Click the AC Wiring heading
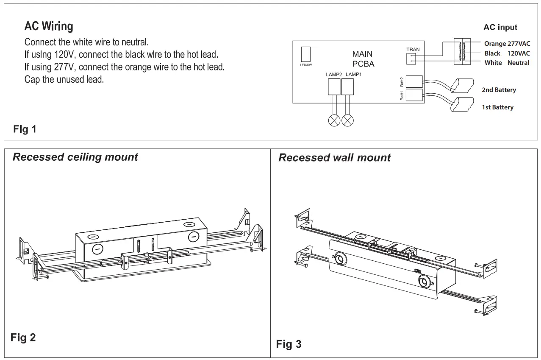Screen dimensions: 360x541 pos(49,27)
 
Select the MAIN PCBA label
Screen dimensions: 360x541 pos(363,59)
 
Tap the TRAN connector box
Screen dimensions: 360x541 pos(411,59)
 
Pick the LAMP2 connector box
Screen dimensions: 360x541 pos(334,87)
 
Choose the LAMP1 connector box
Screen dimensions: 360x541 pos(347,87)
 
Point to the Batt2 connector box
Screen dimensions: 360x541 pos(414,81)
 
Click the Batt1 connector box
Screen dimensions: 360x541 pos(414,95)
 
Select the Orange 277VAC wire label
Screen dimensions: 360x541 pos(507,44)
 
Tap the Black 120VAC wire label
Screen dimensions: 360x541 pos(507,53)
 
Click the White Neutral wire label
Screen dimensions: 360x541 pos(507,63)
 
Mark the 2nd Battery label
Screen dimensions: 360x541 pos(499,90)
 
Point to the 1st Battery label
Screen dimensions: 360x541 pos(497,107)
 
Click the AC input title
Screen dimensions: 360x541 pos(500,28)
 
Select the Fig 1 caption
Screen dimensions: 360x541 pos(25,129)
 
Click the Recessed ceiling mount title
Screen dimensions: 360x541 pos(75,157)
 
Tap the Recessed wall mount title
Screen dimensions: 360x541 pos(334,158)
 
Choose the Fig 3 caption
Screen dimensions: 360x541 pos(289,344)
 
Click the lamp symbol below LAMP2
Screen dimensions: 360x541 pos(334,120)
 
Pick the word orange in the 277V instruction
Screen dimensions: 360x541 pos(141,67)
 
